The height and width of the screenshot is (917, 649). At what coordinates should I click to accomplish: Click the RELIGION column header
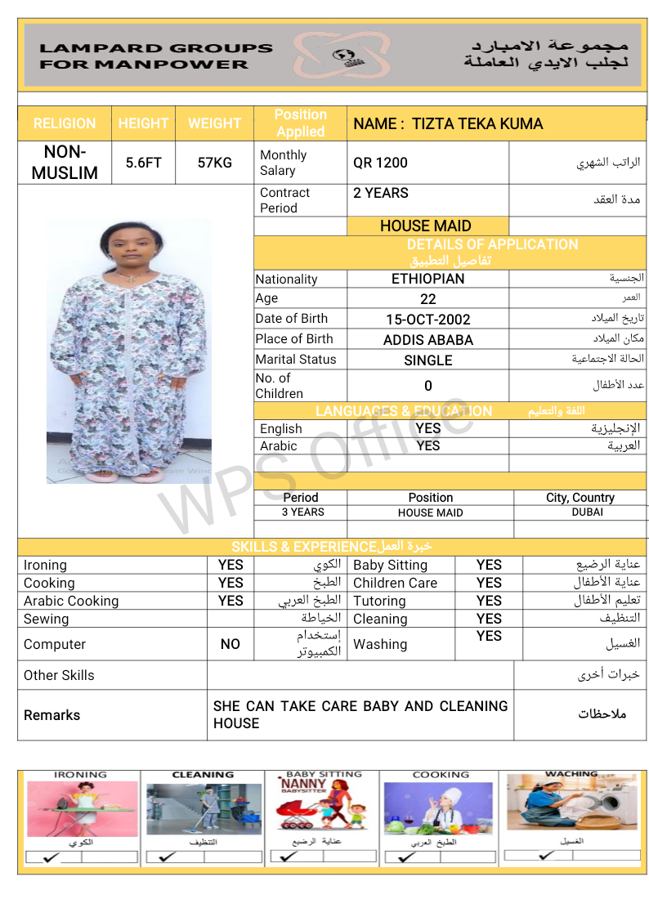point(65,123)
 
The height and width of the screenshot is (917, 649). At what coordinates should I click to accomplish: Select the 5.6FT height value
point(143,163)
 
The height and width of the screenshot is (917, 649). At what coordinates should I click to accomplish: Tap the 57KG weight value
point(215,163)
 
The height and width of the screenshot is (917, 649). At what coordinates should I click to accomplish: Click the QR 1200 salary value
point(380,163)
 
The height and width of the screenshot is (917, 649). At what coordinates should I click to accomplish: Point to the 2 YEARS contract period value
point(381,193)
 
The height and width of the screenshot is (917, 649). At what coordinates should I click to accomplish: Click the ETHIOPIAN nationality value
point(427,279)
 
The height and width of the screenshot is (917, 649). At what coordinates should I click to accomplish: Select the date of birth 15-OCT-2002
point(428,320)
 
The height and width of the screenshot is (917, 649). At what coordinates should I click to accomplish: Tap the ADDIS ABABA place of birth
point(428,340)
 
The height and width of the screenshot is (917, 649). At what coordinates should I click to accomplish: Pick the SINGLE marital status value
point(428,360)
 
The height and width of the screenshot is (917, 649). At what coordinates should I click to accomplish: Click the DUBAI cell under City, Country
point(588,512)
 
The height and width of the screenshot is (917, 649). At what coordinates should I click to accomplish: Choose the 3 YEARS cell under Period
point(302,512)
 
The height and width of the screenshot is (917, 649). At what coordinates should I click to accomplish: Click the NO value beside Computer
point(231,644)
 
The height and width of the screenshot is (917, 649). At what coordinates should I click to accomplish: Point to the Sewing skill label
point(46,619)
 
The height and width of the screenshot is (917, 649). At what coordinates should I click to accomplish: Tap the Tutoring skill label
point(379,601)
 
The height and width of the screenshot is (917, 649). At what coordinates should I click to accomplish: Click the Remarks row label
point(51,715)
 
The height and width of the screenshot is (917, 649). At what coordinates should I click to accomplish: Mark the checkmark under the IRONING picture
point(51,858)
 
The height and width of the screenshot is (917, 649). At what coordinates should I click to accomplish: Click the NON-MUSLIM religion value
point(65,163)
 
